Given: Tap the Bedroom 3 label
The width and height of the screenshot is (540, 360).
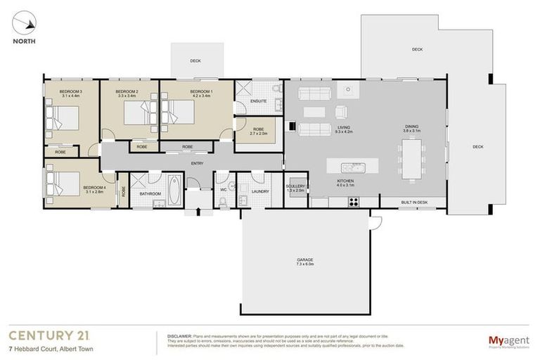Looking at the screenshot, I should click(70, 92).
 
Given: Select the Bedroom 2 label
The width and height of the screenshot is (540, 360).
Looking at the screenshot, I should click(127, 92).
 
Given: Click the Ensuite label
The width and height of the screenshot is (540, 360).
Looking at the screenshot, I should click(258, 102).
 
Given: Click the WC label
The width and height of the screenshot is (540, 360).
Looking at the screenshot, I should click(224, 190).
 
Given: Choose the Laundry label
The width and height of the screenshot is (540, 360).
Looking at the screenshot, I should click(260, 191).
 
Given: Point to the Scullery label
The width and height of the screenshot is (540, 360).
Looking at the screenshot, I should click(296, 186).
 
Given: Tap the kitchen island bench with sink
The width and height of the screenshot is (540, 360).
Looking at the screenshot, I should click(359, 167).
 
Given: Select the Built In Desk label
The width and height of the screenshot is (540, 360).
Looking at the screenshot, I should click(414, 202).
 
